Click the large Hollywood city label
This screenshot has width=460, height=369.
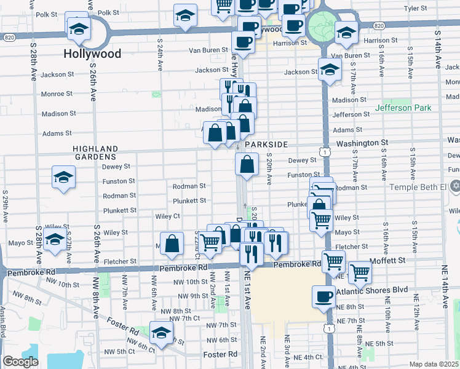click(92, 54)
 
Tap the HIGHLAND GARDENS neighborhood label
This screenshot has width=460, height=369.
click(95, 153)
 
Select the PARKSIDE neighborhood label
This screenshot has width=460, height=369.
click(266, 144)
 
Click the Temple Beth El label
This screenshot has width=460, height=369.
click(418, 186)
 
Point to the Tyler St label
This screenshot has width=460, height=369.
click(415, 9)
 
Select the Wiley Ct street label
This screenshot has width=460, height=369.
click(167, 216)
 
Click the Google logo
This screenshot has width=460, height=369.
click(21, 362)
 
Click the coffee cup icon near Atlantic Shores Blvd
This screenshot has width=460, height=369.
click(323, 296)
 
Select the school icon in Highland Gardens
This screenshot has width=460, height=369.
click(63, 177)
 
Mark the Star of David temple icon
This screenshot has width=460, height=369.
click(455, 186)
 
